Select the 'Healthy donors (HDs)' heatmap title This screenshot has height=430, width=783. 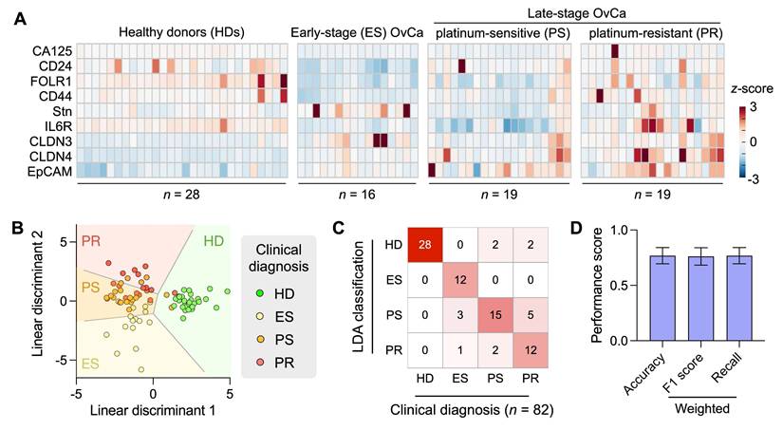pyautogui.click(x=182, y=32)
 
